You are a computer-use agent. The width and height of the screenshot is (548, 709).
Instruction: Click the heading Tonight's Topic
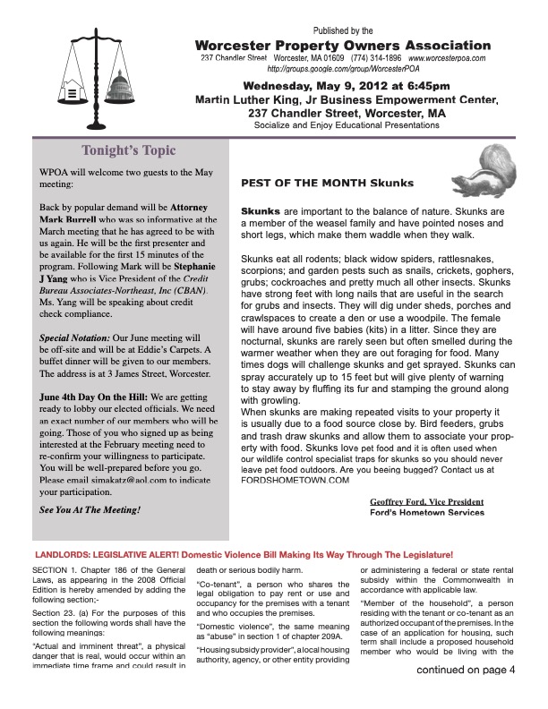[x=129, y=150]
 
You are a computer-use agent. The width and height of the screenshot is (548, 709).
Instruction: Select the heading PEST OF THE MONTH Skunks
[x=328, y=183]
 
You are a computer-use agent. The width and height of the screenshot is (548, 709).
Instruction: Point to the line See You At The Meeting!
[x=90, y=509]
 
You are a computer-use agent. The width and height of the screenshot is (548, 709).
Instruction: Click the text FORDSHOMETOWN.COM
[x=295, y=480]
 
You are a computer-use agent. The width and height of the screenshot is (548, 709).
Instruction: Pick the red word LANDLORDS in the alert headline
[x=63, y=555]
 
